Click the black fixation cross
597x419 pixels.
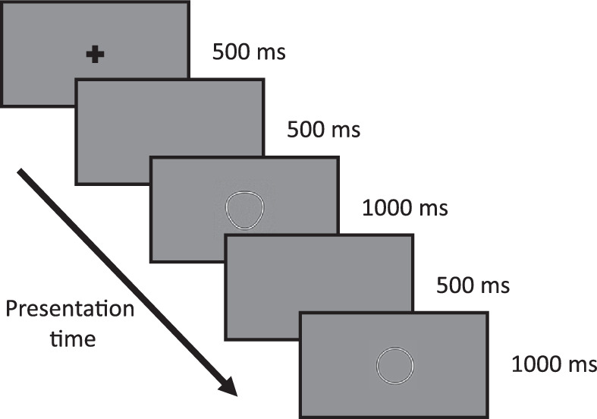tap(94, 54)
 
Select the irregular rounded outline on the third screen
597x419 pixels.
tap(246, 209)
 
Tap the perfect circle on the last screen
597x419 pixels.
tap(395, 364)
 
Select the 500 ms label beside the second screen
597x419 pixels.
tap(323, 129)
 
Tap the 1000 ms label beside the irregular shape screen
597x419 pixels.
tap(405, 207)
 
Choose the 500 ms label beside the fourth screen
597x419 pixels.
tap(473, 285)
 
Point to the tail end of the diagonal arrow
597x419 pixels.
tap(20, 174)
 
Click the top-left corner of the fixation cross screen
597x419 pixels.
tap(2, 2)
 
